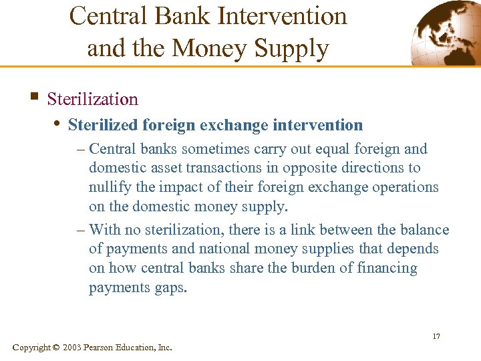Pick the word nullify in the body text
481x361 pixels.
click(x=111, y=187)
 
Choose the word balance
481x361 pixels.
click(x=425, y=230)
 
